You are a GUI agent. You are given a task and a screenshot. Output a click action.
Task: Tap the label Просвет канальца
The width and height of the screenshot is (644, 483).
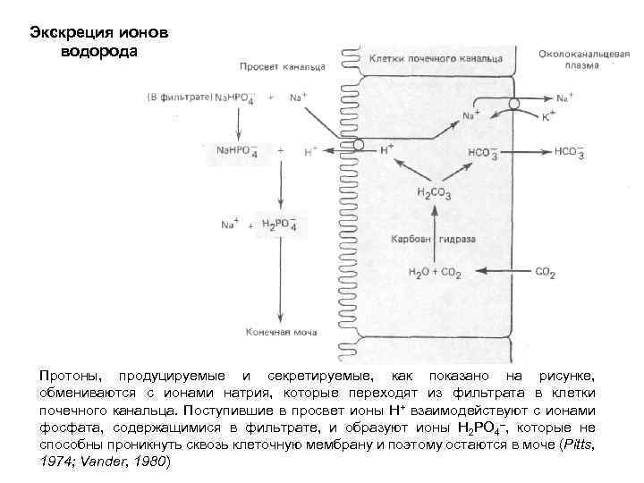pos(275,67)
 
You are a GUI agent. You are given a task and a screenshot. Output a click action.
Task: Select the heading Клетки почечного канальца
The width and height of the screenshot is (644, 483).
pos(436,58)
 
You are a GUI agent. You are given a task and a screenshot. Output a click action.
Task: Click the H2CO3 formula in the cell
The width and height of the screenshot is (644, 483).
pos(435,192)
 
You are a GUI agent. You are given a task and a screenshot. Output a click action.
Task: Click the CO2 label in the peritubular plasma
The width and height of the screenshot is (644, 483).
pos(546,272)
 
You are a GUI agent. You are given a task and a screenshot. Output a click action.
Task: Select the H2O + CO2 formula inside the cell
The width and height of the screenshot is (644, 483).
pos(433,272)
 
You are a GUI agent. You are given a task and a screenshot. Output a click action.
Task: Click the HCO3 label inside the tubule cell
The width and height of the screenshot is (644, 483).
pos(480,153)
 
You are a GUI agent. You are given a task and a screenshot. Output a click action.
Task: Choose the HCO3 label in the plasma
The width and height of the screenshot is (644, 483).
pos(569,153)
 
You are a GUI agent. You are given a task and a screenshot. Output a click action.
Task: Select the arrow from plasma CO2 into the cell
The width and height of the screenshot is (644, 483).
pos(501,272)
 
